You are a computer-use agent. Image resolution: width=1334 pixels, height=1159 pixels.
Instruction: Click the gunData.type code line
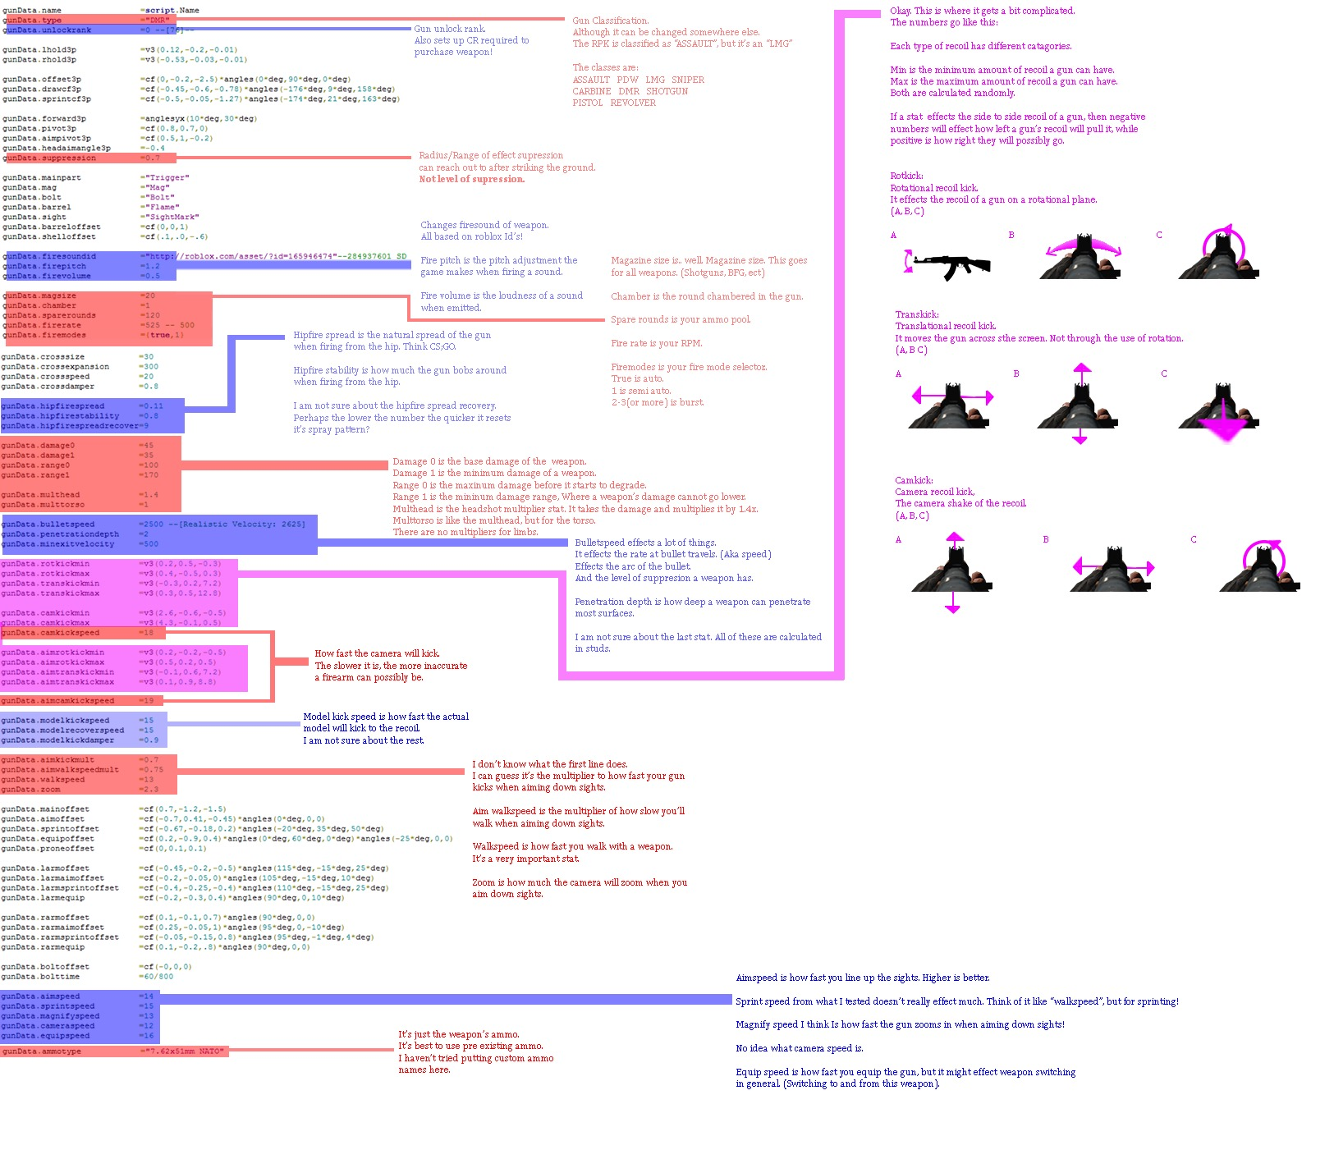(33, 21)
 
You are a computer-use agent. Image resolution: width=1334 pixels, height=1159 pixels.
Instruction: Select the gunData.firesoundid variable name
(49, 256)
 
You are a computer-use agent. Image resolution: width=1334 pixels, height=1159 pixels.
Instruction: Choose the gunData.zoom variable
(30, 790)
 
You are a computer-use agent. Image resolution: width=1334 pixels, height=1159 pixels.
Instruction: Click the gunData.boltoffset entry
(45, 967)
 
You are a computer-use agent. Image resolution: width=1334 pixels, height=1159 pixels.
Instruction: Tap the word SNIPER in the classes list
(688, 80)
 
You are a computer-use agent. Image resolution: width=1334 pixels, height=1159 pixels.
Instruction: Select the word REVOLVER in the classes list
(633, 103)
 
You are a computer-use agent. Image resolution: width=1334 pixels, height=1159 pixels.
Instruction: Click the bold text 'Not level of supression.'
(472, 179)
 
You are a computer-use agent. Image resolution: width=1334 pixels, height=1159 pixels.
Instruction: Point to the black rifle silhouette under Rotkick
(952, 264)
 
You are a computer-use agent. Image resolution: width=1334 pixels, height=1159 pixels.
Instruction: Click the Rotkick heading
(906, 176)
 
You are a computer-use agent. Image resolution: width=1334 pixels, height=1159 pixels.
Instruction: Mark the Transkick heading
(917, 314)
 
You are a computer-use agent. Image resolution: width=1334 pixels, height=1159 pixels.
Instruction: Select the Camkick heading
(914, 480)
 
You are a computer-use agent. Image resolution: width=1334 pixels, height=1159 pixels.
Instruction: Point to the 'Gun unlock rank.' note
(450, 29)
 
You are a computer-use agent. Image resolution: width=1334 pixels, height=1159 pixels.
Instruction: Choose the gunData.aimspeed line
(41, 996)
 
